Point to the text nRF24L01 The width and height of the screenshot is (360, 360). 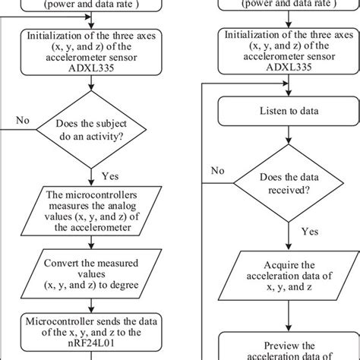[x=92, y=348]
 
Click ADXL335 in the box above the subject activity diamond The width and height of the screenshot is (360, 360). [x=92, y=67]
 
